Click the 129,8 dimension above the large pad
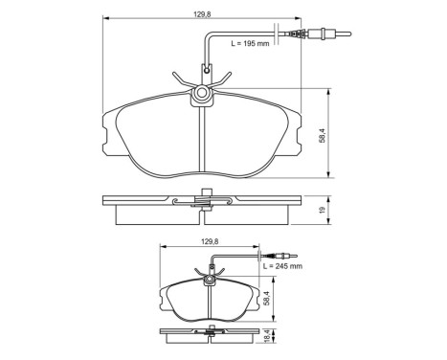pos(200,12)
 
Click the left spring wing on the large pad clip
pos(179,80)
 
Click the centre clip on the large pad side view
pos(202,201)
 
